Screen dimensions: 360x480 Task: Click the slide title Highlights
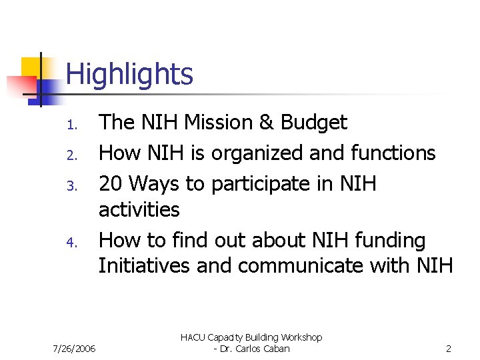click(129, 74)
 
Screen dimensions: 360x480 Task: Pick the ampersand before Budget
click(267, 123)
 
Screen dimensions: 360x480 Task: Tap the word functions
click(396, 153)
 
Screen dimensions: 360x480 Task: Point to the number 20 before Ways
click(111, 183)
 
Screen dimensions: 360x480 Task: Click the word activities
click(139, 209)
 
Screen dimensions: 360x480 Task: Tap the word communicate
click(317, 266)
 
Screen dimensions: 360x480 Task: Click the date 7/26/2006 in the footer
click(74, 349)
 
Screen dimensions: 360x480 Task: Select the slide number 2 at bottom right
click(449, 349)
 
